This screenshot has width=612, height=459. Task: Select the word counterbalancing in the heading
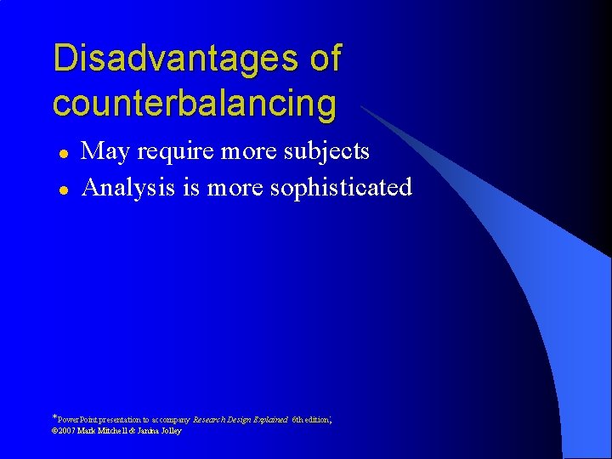pyautogui.click(x=194, y=103)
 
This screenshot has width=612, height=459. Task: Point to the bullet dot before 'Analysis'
pyautogui.click(x=62, y=189)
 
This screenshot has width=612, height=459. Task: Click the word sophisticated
pyautogui.click(x=340, y=188)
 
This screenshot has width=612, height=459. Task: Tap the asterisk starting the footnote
pyautogui.click(x=54, y=417)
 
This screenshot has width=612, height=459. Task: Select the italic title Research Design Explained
pyautogui.click(x=241, y=420)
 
